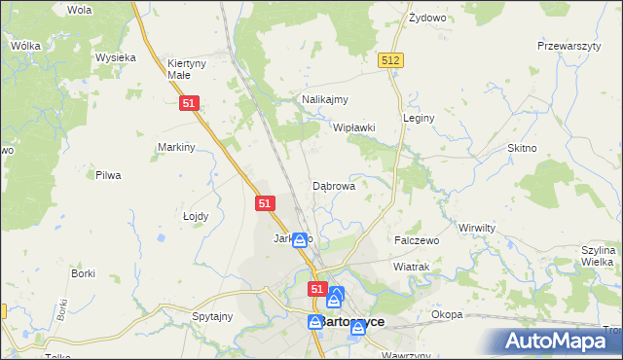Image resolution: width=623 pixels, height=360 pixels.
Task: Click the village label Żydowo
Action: click(426, 18)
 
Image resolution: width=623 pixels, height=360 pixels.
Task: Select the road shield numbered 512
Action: click(391, 60)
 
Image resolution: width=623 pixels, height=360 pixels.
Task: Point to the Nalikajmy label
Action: click(325, 99)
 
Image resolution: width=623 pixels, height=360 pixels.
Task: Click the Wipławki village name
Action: click(354, 127)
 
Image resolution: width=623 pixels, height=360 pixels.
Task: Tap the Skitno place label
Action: click(522, 147)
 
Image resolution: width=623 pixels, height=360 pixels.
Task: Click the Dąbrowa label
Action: click(333, 185)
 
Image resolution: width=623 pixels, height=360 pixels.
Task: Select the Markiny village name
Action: click(177, 147)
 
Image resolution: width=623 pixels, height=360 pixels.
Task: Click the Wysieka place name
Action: click(115, 57)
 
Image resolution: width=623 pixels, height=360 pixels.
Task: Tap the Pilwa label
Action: click(107, 175)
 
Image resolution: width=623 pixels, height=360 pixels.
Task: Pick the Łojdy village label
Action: click(196, 216)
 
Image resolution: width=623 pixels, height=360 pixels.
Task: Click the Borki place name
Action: click(83, 273)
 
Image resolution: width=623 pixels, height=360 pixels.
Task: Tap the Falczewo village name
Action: click(417, 239)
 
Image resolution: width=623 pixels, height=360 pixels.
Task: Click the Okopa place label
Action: click(447, 314)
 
